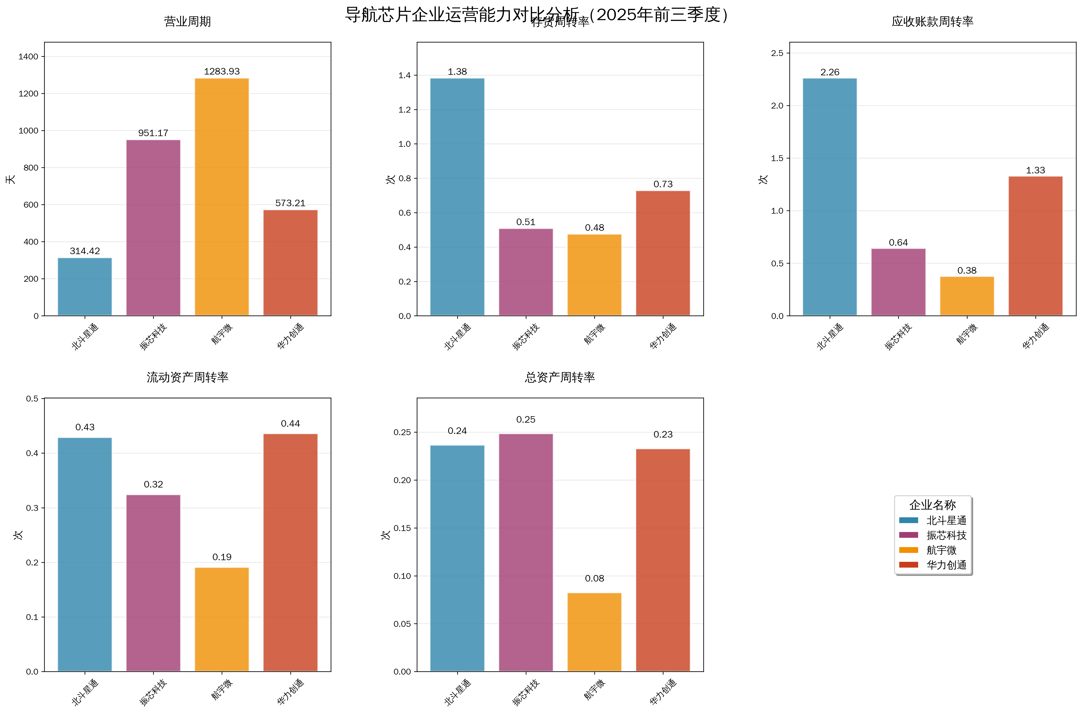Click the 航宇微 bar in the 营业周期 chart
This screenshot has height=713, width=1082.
(x=222, y=197)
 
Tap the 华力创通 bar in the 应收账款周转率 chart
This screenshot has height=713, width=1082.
(x=1035, y=245)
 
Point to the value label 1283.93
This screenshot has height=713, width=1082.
(x=222, y=71)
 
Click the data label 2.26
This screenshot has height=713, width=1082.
(x=829, y=72)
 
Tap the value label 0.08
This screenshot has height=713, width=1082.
(x=594, y=578)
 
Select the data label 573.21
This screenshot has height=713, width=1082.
(x=290, y=203)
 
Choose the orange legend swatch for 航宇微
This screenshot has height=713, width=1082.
(x=908, y=550)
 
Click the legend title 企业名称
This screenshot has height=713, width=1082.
(x=932, y=505)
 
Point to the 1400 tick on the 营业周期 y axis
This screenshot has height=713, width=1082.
(x=28, y=57)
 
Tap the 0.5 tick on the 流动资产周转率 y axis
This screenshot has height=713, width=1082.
(x=32, y=399)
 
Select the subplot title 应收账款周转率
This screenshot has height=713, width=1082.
(x=932, y=21)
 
